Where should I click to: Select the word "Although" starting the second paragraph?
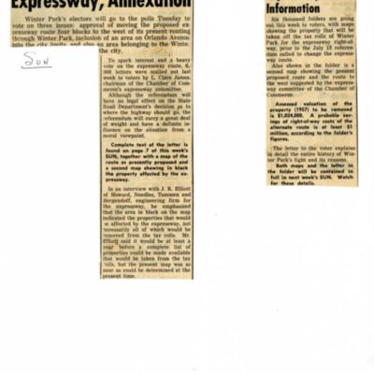click(x=124, y=103)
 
